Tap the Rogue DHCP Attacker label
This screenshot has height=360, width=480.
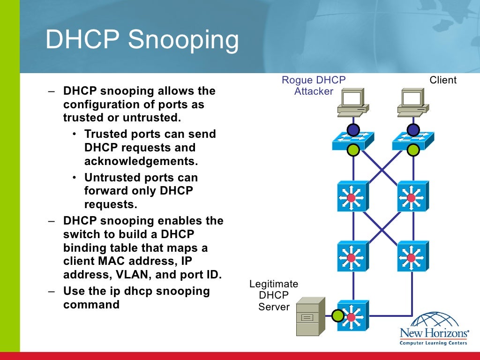pos(314,86)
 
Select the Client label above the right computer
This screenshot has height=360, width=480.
pos(442,80)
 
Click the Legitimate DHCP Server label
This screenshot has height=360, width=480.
pos(274,295)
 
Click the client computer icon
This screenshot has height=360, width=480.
pos(412,103)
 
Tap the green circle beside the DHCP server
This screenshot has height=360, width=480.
pos(338,316)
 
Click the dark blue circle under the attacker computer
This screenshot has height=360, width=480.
pos(353,129)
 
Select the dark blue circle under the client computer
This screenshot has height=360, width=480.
pos(413,129)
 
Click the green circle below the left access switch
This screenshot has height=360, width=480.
pos(353,150)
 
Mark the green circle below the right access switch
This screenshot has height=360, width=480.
pos(413,150)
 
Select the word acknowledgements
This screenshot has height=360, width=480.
pos(141,161)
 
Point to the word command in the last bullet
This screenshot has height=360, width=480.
pos(91,304)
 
